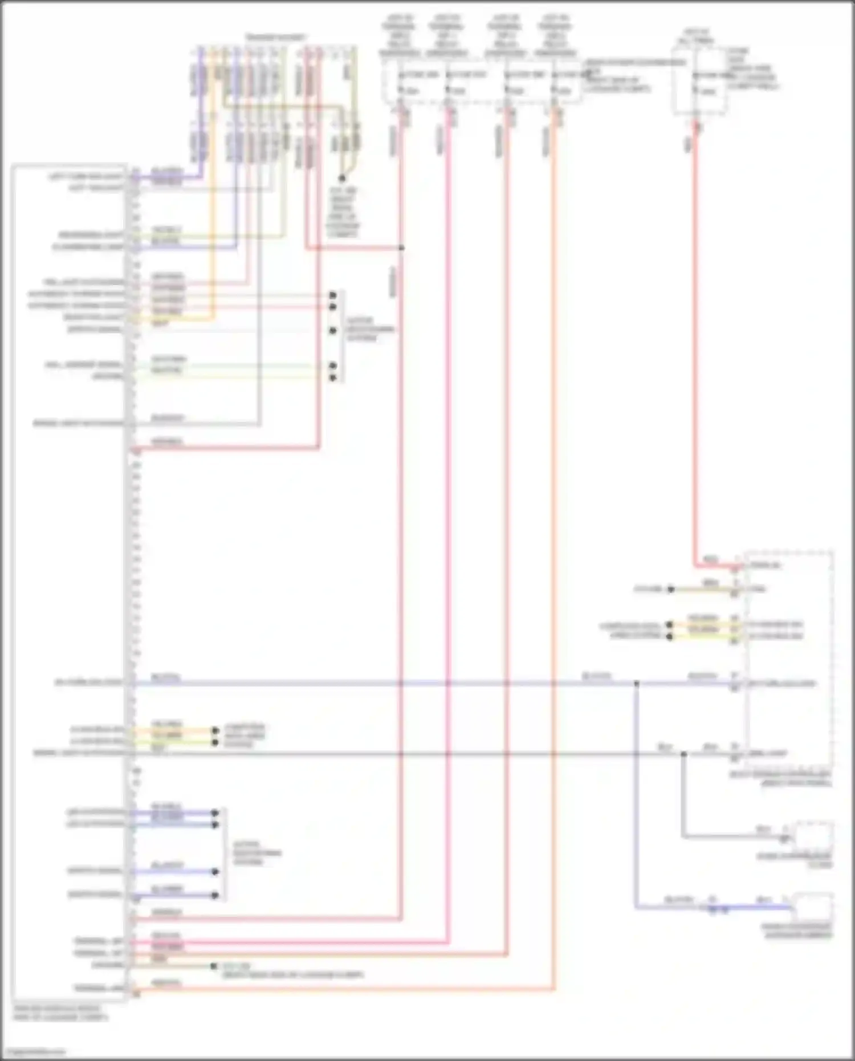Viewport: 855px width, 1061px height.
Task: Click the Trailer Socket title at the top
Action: [276, 38]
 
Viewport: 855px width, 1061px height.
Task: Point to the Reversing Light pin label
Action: [91, 235]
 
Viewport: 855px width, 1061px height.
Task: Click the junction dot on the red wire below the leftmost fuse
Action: [402, 248]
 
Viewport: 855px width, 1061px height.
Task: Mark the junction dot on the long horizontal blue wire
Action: [637, 683]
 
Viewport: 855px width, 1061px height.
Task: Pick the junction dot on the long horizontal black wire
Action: [683, 754]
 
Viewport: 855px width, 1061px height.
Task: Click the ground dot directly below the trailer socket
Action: [343, 178]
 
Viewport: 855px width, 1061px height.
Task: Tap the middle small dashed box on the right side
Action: [814, 836]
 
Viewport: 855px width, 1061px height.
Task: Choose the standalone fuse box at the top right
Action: [700, 81]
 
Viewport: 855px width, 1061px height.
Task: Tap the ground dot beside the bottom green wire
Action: [214, 966]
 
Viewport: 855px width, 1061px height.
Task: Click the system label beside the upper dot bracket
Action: [369, 329]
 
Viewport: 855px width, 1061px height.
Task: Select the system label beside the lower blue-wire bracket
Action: [257, 853]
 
